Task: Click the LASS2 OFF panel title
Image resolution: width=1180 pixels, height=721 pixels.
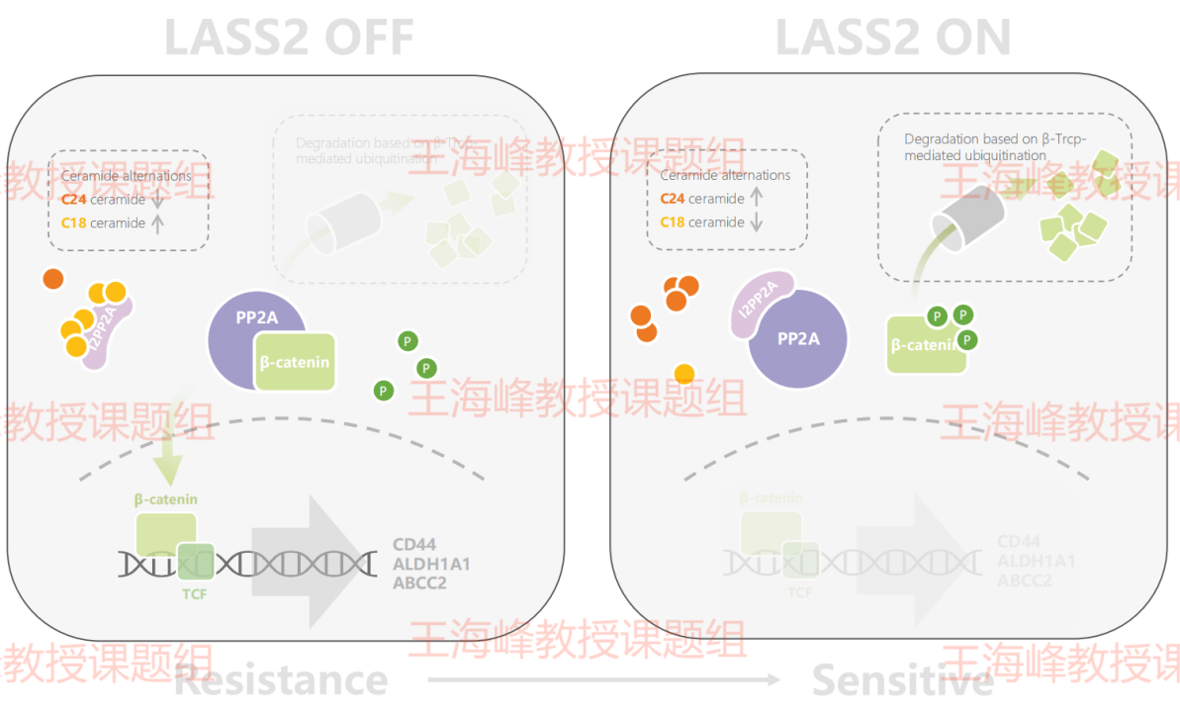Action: pyautogui.click(x=289, y=37)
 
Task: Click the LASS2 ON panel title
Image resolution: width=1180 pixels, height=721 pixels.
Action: pyautogui.click(x=892, y=37)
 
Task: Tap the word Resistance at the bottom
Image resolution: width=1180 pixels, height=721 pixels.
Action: pyautogui.click(x=281, y=679)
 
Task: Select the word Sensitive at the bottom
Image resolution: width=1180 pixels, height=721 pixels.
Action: pyautogui.click(x=902, y=679)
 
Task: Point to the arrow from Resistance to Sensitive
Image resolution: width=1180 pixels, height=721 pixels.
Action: pyautogui.click(x=603, y=679)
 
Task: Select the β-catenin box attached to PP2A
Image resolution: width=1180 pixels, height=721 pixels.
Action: pyautogui.click(x=295, y=361)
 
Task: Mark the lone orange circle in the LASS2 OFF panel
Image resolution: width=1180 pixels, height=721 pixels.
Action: pyautogui.click(x=53, y=279)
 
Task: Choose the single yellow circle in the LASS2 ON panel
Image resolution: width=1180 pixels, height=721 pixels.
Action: pyautogui.click(x=683, y=374)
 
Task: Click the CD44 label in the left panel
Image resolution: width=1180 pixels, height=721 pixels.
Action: pyautogui.click(x=413, y=544)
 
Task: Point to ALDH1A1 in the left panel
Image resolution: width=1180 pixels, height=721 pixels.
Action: pyautogui.click(x=431, y=564)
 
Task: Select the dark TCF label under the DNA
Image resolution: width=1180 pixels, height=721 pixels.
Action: pyautogui.click(x=194, y=593)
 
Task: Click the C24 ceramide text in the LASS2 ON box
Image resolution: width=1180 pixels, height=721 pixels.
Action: pyautogui.click(x=702, y=199)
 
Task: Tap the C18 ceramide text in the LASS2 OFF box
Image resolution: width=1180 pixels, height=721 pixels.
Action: pyautogui.click(x=103, y=223)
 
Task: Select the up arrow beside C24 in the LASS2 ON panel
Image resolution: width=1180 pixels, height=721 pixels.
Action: pyautogui.click(x=757, y=198)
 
